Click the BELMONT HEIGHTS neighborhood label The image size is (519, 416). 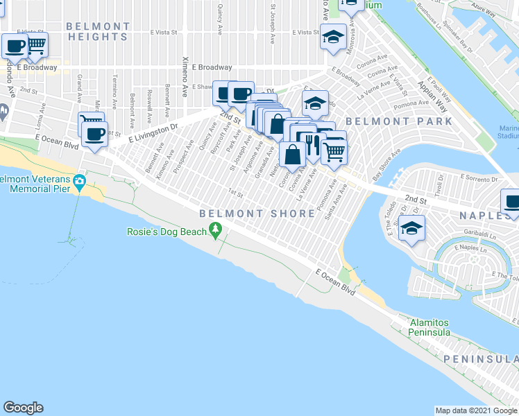[98, 32]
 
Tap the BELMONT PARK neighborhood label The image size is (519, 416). [398, 121]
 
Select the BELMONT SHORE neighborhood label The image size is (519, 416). [257, 214]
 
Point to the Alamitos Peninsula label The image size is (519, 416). [429, 327]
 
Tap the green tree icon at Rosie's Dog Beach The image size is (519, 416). [216, 229]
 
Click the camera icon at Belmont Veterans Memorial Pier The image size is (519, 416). [81, 182]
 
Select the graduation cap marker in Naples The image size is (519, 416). [411, 229]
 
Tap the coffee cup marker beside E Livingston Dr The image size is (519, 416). [95, 133]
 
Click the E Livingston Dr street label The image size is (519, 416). [145, 132]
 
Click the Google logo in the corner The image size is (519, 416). [23, 408]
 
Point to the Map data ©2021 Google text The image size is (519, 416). [476, 410]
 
